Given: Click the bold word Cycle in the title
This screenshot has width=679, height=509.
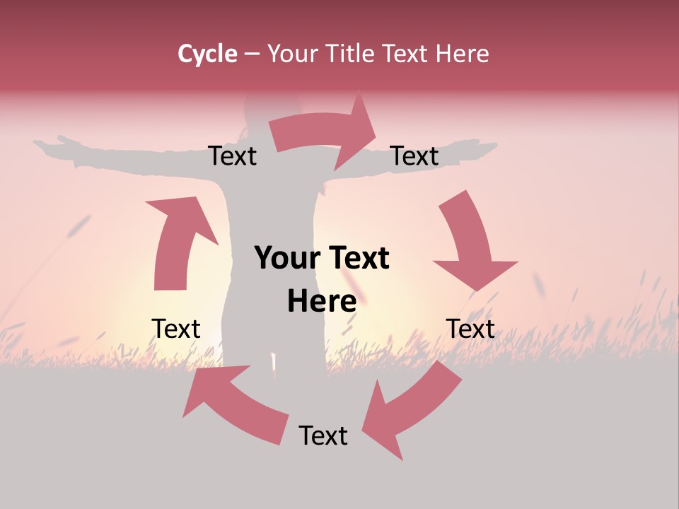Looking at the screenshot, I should [x=207, y=54].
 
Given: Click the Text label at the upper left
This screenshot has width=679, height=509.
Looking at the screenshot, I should [x=232, y=156].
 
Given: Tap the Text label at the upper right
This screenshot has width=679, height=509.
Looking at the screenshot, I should [x=414, y=156].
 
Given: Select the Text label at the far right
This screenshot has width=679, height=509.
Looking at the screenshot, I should [x=470, y=329].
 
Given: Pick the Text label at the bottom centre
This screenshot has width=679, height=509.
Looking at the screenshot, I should [x=323, y=435].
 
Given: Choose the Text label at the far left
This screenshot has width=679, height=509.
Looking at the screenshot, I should [x=176, y=329].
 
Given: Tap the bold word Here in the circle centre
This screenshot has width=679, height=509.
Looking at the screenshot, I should [x=322, y=301].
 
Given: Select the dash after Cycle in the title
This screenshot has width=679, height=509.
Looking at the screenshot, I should [x=253, y=54].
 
